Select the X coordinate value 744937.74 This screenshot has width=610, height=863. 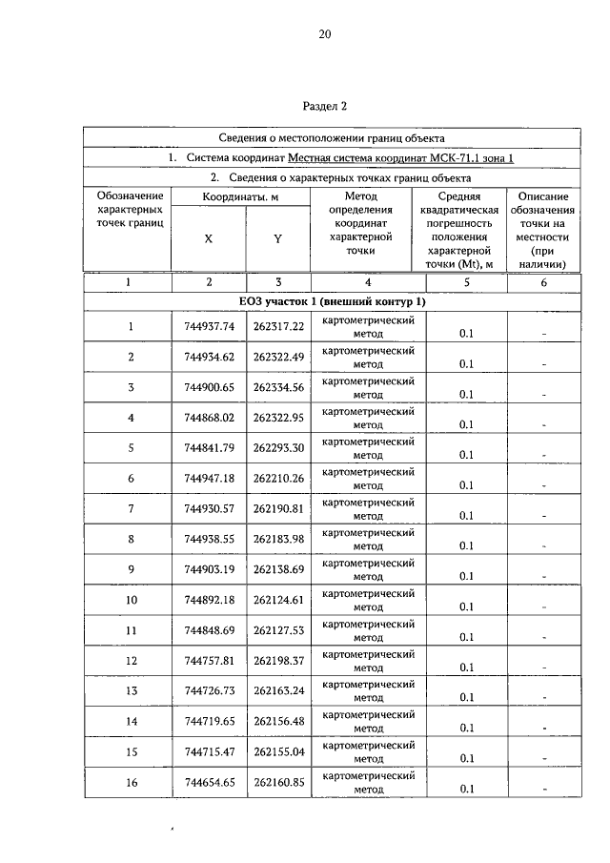[210, 326]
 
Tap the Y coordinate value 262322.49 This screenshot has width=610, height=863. [278, 357]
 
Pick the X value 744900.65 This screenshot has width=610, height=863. [210, 387]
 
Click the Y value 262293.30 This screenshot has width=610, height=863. [278, 448]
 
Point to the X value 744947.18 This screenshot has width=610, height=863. [210, 479]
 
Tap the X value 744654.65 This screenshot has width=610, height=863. [210, 783]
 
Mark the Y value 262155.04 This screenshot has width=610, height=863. [278, 752]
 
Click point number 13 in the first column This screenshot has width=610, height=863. [132, 691]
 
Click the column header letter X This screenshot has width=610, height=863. [209, 239]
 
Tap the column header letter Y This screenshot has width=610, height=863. [277, 239]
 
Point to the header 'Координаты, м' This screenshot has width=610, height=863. [242, 195]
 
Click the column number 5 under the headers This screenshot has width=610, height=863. [465, 282]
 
